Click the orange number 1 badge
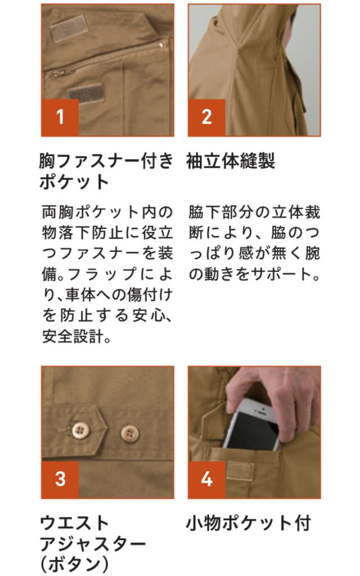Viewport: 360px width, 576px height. pos(60,117)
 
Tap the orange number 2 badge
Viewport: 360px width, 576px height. pos(206,117)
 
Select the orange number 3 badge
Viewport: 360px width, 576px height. pos(60,479)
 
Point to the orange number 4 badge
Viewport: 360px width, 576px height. pos(206,479)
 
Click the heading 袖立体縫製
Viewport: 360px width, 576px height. pos(231,161)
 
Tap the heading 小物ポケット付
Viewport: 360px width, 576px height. pos(249,523)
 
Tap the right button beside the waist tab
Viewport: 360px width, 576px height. pos(130,434)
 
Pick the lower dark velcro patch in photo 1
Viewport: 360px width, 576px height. pos(85,93)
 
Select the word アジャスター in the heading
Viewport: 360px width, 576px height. pos(93,544)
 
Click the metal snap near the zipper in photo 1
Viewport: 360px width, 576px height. pos(161,45)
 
